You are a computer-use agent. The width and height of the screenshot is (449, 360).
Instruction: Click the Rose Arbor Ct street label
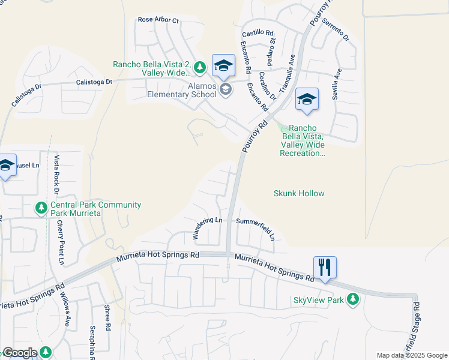(x=158, y=20)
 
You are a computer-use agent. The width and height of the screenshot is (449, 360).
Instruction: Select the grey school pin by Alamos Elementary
(x=226, y=90)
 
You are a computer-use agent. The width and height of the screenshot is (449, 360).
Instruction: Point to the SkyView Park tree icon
(x=354, y=299)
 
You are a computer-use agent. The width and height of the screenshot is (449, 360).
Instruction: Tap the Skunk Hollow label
(x=299, y=193)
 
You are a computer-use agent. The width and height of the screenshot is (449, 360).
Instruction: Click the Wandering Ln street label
(x=207, y=229)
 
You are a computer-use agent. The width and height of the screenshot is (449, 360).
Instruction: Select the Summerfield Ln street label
(x=256, y=229)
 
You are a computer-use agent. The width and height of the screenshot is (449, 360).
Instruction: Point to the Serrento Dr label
(x=335, y=29)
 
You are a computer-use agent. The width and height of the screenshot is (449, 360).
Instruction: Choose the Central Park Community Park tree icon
(x=41, y=208)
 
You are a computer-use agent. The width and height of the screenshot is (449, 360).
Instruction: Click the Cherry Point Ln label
(x=61, y=242)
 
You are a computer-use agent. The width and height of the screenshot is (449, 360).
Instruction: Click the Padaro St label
(x=272, y=52)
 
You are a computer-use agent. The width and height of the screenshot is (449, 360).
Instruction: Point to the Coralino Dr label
(x=267, y=86)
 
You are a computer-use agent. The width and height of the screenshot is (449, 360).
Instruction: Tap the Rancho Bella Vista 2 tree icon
(x=200, y=66)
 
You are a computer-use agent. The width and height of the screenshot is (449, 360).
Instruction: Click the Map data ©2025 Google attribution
(x=412, y=355)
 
